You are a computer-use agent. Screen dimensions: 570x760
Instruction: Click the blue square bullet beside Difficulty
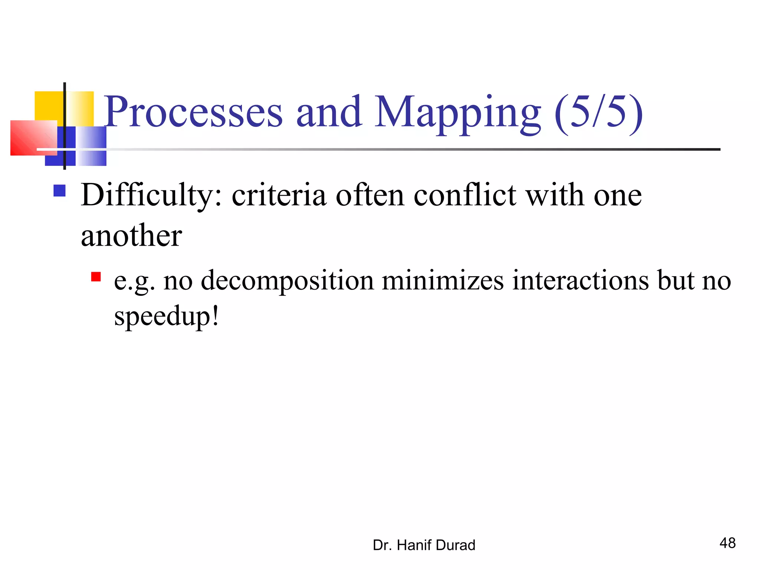59,191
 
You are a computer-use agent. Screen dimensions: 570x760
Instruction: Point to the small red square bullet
96,277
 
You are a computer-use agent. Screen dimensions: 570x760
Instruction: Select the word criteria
279,195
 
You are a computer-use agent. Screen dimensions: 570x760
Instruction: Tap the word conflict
465,195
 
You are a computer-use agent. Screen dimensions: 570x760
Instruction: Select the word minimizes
443,281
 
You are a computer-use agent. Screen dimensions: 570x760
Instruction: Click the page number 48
727,543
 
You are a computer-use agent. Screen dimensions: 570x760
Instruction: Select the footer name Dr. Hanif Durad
424,545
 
